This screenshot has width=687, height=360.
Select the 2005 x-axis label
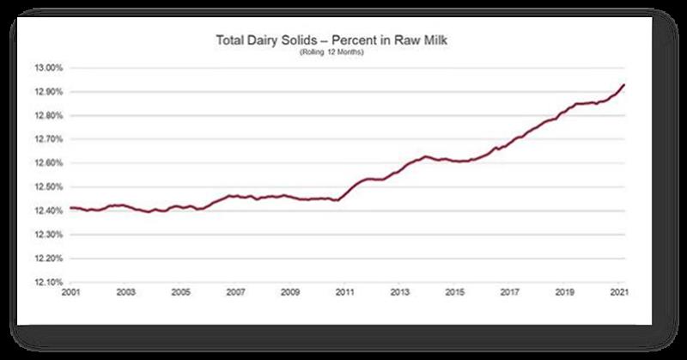(179, 292)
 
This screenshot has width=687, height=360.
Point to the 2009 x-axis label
(289, 292)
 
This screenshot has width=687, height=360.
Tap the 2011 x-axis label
(344, 292)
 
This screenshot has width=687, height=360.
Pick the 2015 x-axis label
(455, 292)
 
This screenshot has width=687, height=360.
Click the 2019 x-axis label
(565, 292)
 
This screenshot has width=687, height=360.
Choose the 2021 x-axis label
(619, 292)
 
